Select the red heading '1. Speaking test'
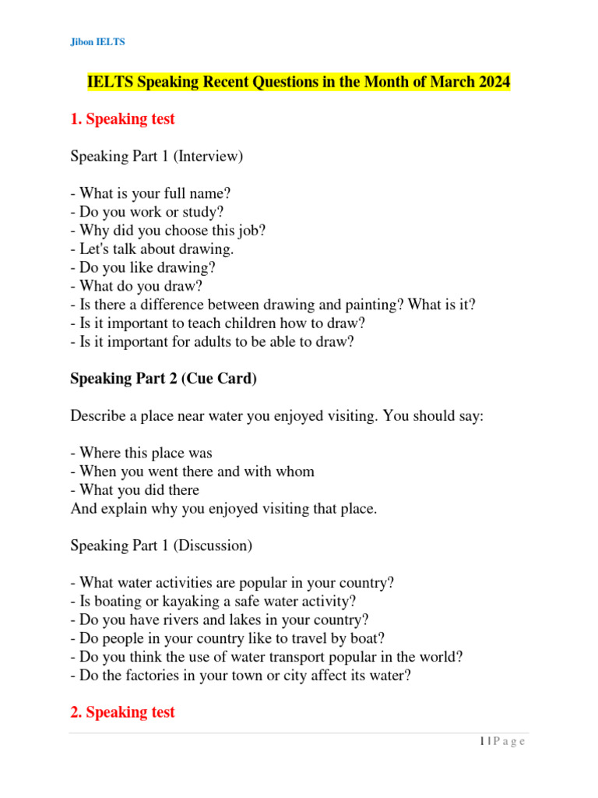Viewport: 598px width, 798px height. coord(122,119)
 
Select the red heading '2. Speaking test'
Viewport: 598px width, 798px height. coord(122,712)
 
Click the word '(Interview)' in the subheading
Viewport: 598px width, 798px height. coord(209,157)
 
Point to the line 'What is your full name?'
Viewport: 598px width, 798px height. coord(151,193)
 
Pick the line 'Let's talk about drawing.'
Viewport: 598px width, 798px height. coord(152,249)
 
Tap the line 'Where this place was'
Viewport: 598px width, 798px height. coord(142,453)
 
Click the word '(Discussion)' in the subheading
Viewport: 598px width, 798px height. coord(213,546)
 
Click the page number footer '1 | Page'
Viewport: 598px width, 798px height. coord(502,742)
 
